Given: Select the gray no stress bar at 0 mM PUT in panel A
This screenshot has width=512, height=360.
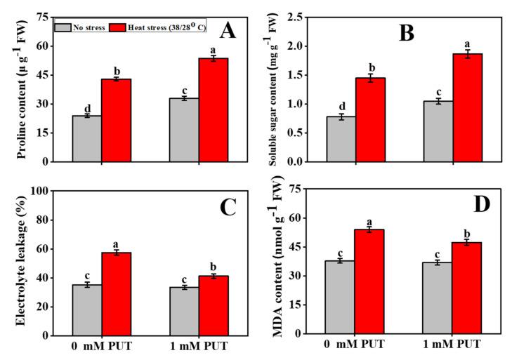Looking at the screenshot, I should click(x=87, y=138).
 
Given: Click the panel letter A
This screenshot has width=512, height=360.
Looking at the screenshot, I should click(x=228, y=30).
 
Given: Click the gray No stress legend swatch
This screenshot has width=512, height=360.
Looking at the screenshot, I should click(x=61, y=27).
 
